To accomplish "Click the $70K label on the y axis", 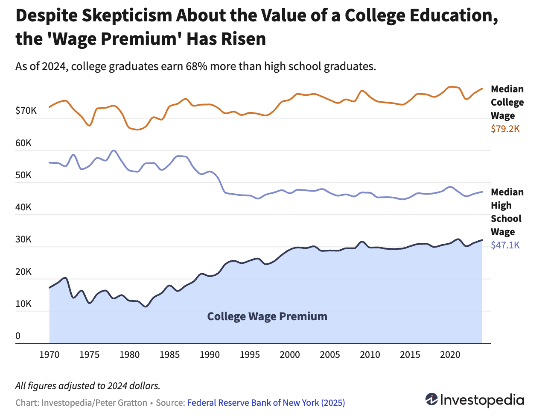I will [x=26, y=111].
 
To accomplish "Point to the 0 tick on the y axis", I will [x=18, y=336].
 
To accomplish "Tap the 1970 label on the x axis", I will [x=49, y=354].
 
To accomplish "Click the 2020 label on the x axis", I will [x=450, y=354].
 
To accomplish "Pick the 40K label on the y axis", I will [x=23, y=207].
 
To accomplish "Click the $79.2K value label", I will [x=505, y=129].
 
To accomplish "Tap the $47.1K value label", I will [x=505, y=245].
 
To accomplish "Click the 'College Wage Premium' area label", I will [x=267, y=316].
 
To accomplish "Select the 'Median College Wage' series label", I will [x=507, y=102].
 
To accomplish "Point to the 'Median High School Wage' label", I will [x=507, y=212].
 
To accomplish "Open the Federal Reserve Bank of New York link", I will [x=266, y=403].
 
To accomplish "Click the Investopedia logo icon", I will [x=431, y=399].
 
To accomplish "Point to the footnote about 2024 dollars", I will [x=88, y=386].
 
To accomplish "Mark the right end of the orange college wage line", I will [x=482, y=89].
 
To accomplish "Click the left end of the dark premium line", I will [x=50, y=288].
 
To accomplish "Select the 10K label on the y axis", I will [x=23, y=304].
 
